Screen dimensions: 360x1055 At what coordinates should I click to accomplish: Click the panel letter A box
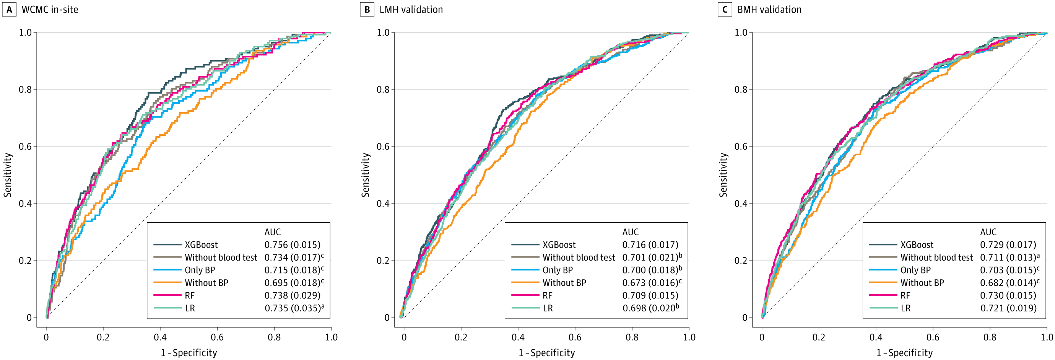coord(9,10)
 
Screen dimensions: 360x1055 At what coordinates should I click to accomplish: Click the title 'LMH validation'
coord(411,10)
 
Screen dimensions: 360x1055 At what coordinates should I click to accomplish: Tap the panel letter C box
coord(725,10)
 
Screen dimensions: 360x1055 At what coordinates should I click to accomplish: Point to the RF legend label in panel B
coord(547,296)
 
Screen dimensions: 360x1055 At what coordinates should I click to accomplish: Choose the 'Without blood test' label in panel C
coord(936,257)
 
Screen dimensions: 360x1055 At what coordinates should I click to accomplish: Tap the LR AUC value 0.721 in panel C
coord(1008,308)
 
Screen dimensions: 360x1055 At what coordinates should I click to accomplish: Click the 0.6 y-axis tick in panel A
coord(25,147)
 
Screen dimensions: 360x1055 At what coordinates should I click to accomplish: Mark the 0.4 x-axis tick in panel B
coord(518,337)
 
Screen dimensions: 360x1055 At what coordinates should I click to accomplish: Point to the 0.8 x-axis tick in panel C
coord(990,337)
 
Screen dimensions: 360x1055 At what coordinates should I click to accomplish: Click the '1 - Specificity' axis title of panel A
coord(189,353)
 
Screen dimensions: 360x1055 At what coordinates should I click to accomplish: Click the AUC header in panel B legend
coord(630,232)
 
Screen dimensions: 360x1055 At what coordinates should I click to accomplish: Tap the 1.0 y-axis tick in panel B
coord(383,33)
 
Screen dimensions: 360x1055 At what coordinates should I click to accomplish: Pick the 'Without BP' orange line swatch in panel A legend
coord(167,283)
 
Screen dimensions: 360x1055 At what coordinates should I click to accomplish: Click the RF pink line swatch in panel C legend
coord(883,295)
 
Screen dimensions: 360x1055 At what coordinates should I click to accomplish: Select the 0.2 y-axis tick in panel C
coord(741,261)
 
